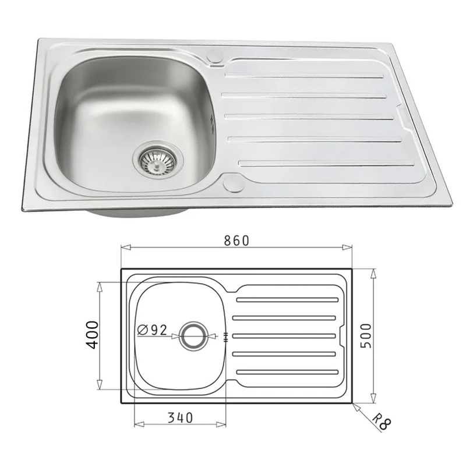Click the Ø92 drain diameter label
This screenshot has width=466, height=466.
tap(153, 330)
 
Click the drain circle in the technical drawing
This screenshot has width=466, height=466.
tap(192, 336)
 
